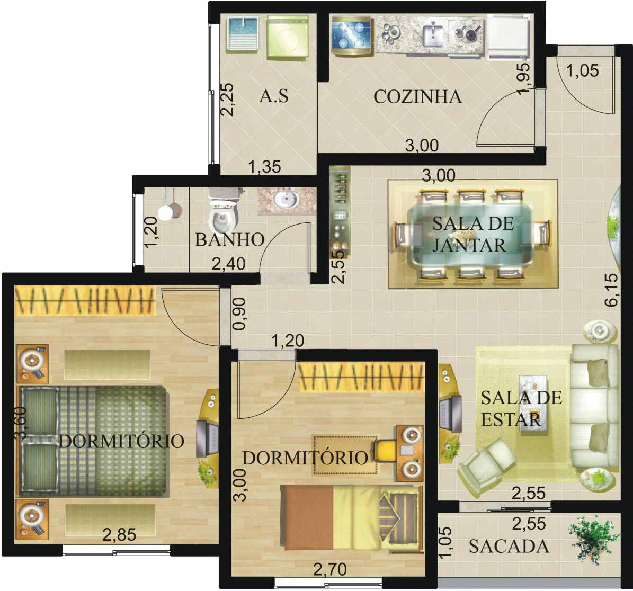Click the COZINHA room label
417,97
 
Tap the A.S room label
274,96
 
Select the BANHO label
230,240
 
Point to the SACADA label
509,547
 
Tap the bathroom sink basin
286,199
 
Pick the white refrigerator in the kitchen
509,37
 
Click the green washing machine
288,38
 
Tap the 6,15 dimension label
612,290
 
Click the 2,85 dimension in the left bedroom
119,535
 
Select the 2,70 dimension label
330,570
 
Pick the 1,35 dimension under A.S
264,167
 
